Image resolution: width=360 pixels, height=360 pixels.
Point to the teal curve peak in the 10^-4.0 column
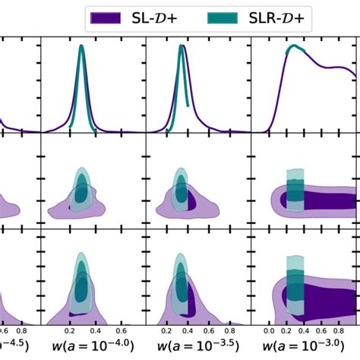click(x=81, y=47)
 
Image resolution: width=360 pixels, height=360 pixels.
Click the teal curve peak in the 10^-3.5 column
click(x=181, y=47)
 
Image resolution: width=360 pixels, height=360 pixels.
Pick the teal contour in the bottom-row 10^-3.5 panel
click(x=180, y=285)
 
